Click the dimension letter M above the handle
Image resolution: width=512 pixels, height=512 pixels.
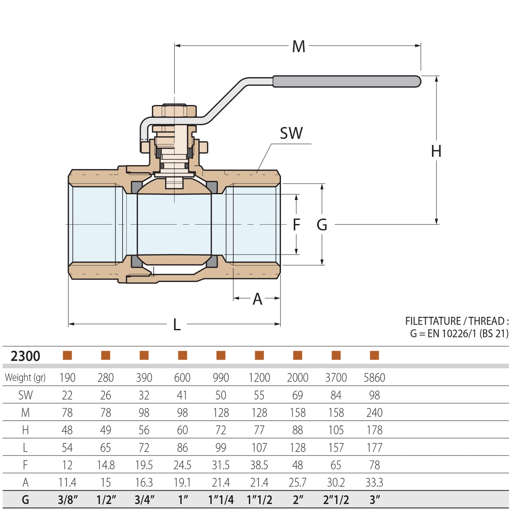tap(299, 47)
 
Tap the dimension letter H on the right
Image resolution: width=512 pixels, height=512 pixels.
tap(436, 151)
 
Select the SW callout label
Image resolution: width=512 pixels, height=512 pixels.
tap(291, 133)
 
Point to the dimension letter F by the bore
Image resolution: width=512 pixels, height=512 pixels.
tap(296, 225)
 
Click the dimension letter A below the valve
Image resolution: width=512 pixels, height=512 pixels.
tap(257, 299)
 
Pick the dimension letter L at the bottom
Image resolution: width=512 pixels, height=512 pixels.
tap(177, 325)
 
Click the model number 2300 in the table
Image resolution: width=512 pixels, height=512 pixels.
tap(25, 356)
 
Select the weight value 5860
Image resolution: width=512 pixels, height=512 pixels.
tap(374, 378)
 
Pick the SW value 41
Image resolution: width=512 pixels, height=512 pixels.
tap(182, 396)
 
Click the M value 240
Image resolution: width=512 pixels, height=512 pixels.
tap(374, 413)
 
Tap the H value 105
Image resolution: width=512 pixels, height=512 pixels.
tap(336, 430)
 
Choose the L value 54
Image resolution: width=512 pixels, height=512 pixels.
tap(67, 448)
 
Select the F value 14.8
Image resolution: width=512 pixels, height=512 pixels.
tap(106, 465)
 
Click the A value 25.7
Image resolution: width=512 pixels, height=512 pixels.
tap(297, 482)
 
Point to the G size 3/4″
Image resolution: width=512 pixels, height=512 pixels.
tap(144, 500)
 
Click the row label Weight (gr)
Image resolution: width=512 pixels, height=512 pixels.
tap(25, 378)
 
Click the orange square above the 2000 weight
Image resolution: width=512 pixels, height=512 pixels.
tap(298, 355)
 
